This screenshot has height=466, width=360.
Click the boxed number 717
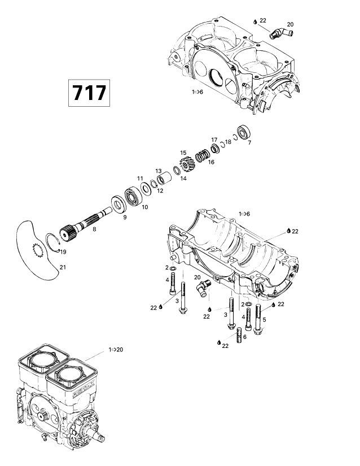coord(89,93)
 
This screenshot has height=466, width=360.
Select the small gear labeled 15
coord(186,165)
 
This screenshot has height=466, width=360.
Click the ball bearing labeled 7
coord(244,133)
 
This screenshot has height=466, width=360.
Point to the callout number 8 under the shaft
coord(94,229)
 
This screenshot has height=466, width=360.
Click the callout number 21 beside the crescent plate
coord(63,267)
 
